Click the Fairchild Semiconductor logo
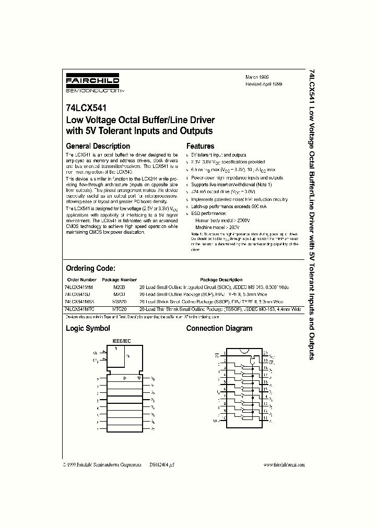click(92, 84)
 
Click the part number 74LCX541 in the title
click(86, 110)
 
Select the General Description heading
click(98, 146)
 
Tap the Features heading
click(200, 146)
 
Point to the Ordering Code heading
click(90, 268)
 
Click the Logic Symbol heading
click(87, 328)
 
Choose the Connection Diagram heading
click(219, 328)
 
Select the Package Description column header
click(221, 280)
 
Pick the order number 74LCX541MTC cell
click(79, 309)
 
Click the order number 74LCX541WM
click(78, 287)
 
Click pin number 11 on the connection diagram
click(266, 418)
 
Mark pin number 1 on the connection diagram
click(225, 353)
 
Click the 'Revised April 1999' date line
click(264, 83)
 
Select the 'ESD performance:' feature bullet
click(209, 213)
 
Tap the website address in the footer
click(284, 464)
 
